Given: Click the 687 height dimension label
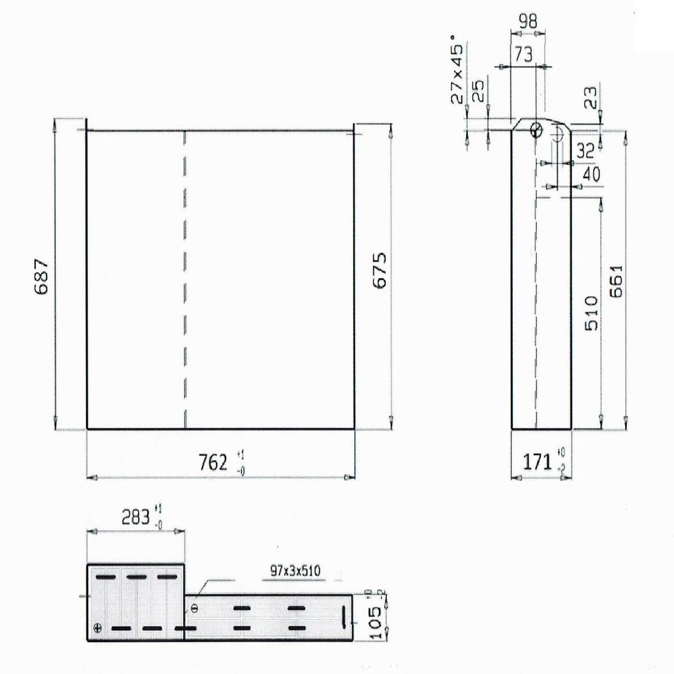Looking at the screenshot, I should [42, 276].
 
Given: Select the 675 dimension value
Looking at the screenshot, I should [380, 270].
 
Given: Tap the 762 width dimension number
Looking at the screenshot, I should [213, 462].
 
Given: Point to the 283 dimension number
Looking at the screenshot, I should [136, 517].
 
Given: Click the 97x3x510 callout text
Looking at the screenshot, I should [295, 571].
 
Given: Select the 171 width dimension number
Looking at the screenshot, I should [537, 462].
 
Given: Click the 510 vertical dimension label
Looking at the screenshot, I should [591, 313].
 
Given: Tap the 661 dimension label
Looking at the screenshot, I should [616, 281].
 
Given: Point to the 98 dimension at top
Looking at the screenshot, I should [527, 21].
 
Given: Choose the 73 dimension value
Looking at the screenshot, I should [523, 54].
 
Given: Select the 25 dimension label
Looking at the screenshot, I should [477, 91].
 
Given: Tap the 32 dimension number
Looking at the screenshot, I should [585, 150].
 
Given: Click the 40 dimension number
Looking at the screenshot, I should [591, 174].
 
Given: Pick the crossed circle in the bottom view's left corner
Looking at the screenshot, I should [99, 628].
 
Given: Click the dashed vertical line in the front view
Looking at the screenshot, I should [185, 281].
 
